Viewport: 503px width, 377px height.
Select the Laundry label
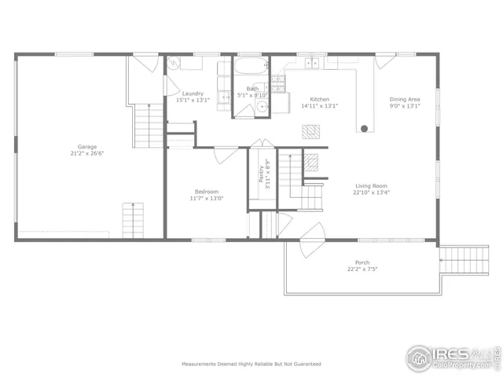pos(193,93)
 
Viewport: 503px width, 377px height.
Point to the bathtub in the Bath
pos(251,66)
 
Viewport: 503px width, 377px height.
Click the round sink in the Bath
pos(261,108)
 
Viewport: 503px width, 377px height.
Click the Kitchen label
pos(319,99)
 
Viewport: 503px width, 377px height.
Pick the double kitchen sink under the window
pos(313,63)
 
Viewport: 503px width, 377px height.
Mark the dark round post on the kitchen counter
pos(364,127)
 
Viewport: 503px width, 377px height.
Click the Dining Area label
pos(405,99)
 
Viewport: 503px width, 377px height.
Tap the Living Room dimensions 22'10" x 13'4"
pos(371,192)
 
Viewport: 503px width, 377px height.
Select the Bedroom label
pos(207,192)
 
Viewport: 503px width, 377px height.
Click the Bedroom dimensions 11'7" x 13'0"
pos(207,199)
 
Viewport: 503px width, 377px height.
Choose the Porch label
pos(362,262)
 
